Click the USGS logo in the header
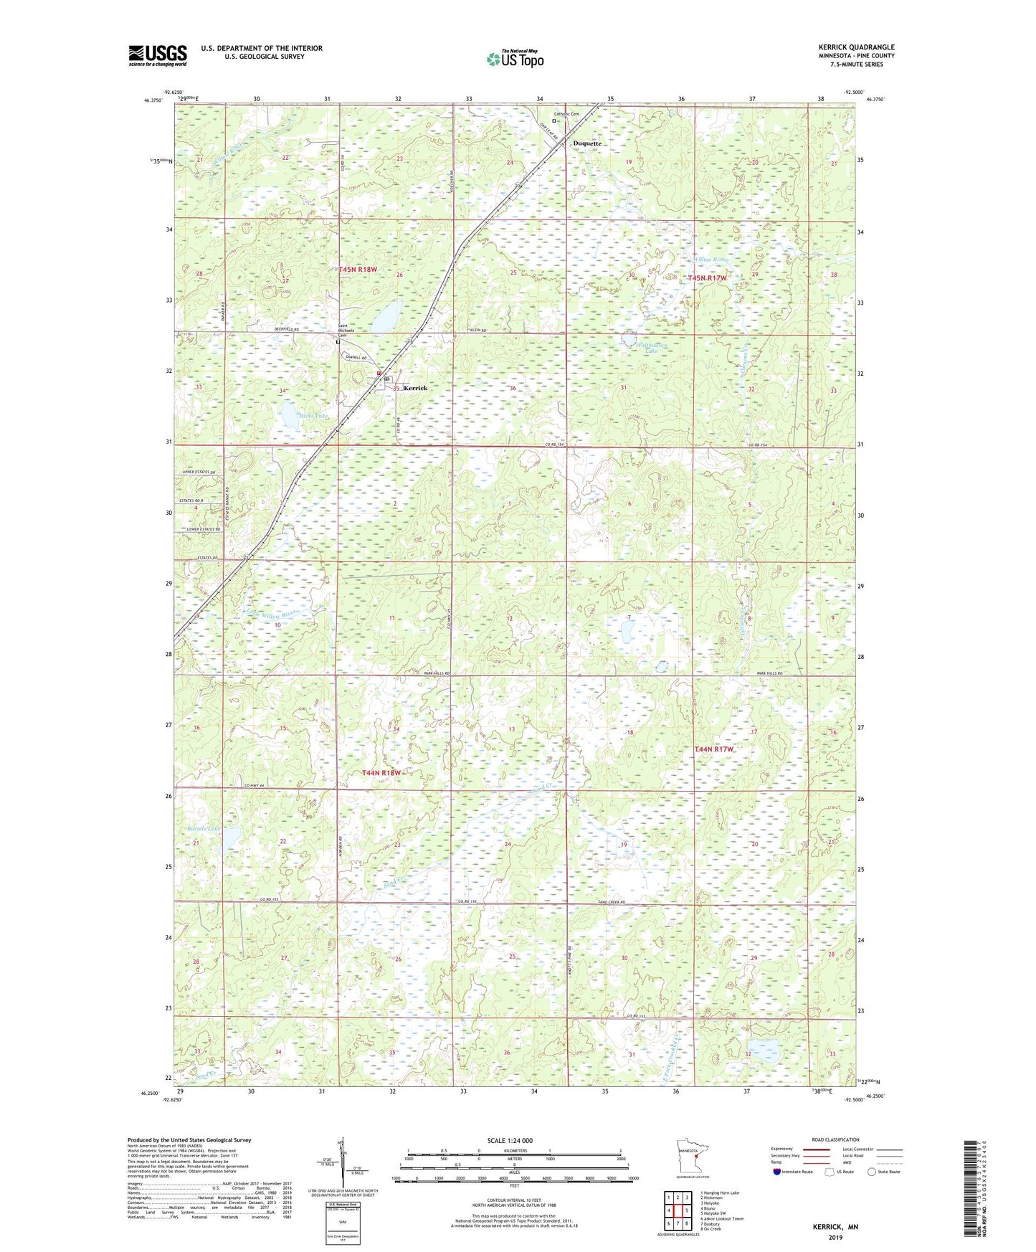click(158, 55)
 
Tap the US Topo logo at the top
click(514, 60)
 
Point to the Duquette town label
click(586, 143)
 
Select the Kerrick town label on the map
click(415, 388)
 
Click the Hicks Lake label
click(294, 416)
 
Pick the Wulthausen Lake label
click(652, 348)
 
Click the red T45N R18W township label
click(358, 270)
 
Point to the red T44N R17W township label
click(714, 749)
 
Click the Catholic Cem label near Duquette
click(566, 114)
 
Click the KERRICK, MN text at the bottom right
click(835, 1227)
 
